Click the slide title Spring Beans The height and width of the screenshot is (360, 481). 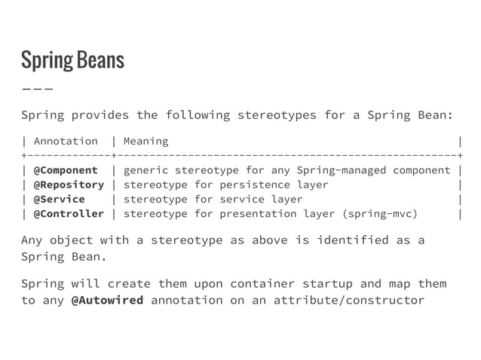(x=72, y=60)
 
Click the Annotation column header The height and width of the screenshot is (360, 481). (x=66, y=141)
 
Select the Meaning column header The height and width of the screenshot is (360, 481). (x=146, y=141)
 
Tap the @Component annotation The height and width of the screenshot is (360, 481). (x=66, y=170)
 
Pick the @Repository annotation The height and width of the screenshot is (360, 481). (x=69, y=185)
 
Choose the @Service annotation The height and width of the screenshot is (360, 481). (x=59, y=199)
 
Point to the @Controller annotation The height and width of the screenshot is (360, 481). (x=69, y=213)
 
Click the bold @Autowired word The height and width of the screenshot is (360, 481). (x=107, y=301)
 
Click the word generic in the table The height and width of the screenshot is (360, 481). (x=146, y=170)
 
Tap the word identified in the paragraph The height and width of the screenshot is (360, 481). (x=339, y=240)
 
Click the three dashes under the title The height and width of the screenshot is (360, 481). (x=37, y=89)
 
